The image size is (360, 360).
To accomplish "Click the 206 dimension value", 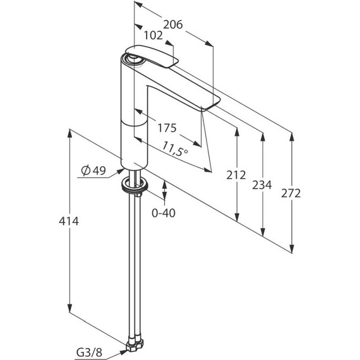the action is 172,25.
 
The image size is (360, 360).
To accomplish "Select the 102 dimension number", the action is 153,35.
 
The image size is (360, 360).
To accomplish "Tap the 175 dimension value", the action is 167,128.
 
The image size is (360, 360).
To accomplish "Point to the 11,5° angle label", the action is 176,148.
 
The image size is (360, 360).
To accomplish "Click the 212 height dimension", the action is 236,175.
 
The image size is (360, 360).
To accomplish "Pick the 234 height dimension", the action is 262,185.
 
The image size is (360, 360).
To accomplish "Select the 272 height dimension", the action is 291,193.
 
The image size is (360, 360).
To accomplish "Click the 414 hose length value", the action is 69,221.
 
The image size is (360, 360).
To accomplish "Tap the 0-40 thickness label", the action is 164,213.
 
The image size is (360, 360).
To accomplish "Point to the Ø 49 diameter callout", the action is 93,171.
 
